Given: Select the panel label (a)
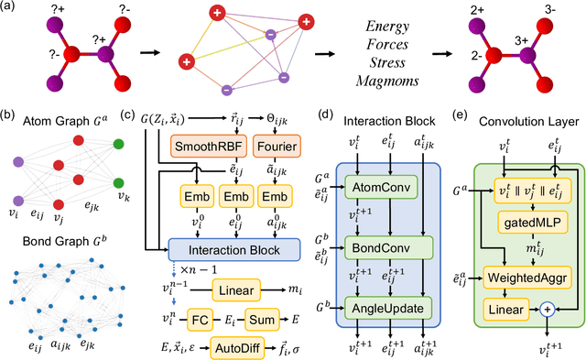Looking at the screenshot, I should click(x=13, y=10).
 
